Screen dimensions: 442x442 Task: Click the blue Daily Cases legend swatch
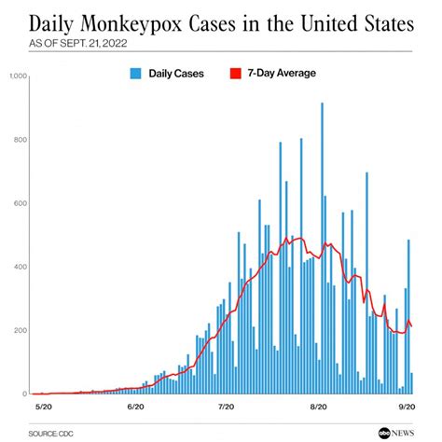tap(136, 73)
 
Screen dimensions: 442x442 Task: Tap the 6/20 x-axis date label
tap(134, 407)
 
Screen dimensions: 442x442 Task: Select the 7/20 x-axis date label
tap(226, 407)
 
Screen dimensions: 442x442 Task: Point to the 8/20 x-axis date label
tap(318, 407)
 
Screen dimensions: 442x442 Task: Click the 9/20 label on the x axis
tap(407, 407)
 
